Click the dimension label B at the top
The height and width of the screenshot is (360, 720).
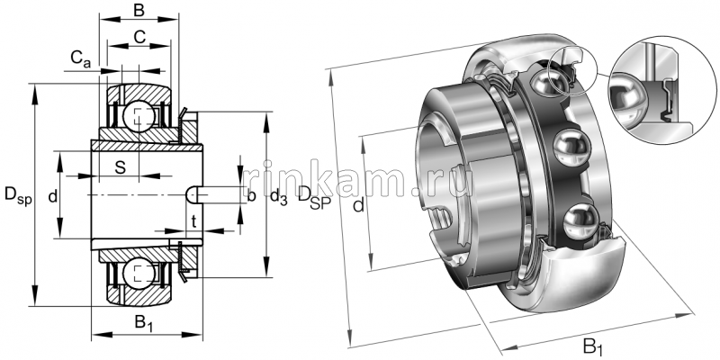[138, 11]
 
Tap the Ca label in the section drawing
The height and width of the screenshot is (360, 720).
[80, 60]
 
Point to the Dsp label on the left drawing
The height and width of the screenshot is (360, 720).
[17, 194]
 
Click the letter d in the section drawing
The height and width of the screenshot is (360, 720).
[53, 195]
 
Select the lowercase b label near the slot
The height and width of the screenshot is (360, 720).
[251, 195]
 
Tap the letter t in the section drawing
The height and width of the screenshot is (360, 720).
[193, 220]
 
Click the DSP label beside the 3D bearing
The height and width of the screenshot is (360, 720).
[314, 195]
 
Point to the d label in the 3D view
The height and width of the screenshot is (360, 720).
[358, 208]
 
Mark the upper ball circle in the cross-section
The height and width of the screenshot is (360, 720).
[138, 114]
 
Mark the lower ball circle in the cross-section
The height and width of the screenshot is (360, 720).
[138, 274]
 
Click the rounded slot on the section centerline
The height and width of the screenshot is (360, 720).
[193, 194]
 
